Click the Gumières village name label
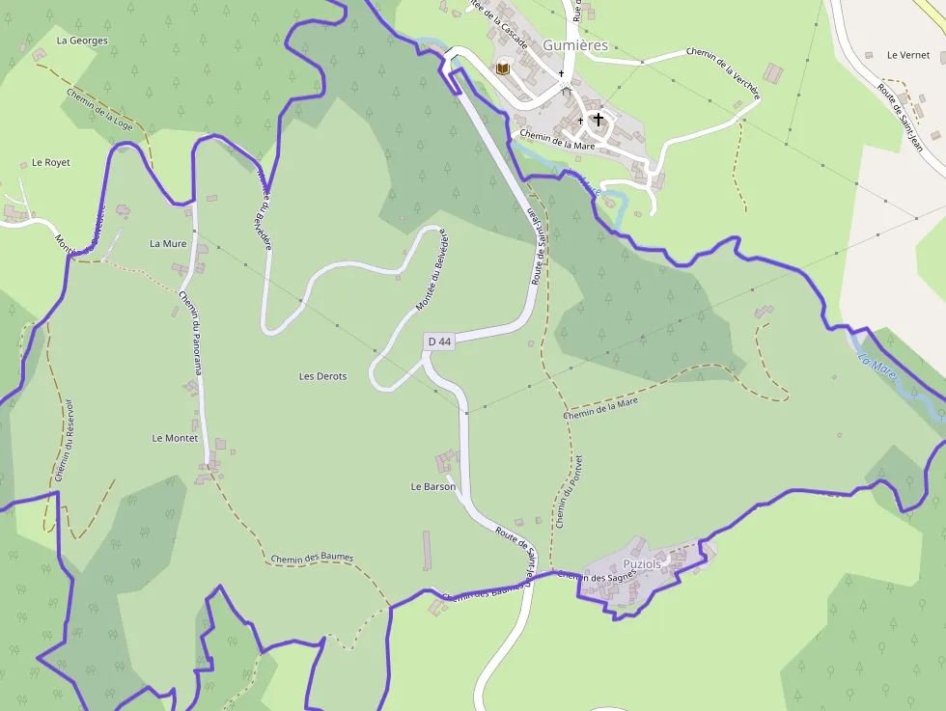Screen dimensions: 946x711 pos(575,45)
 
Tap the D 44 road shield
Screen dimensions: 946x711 pos(438,342)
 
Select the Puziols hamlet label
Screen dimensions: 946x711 pos(642,563)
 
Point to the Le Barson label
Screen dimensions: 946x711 pos(433,487)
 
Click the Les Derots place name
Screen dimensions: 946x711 pos(322,376)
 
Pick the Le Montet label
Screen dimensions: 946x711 pos(175,438)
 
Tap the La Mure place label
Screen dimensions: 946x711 pos(168,244)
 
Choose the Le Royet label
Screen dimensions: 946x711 pos(51,163)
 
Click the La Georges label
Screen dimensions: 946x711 pos(82,41)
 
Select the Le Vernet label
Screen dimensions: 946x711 pos(907,56)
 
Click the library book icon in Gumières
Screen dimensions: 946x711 pos(502,68)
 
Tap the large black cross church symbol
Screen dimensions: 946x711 pos(598,120)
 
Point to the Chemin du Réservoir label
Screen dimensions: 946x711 pos(65,439)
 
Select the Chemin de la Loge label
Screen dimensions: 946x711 pos(100,108)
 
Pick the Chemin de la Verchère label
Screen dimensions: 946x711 pos(724,73)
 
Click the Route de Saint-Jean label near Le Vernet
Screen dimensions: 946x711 pos(897,117)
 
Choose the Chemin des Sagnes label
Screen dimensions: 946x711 pos(597,576)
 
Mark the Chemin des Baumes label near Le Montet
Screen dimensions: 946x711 pos(312,559)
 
